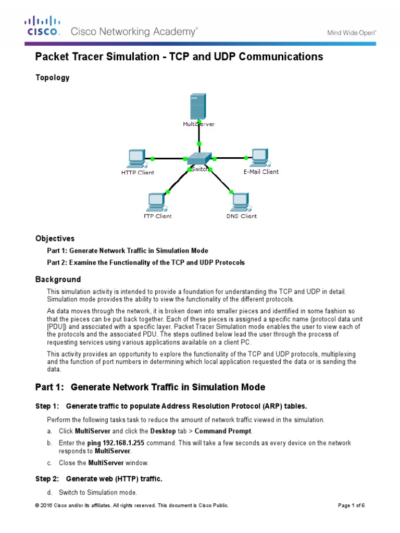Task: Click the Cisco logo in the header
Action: [x=43, y=27]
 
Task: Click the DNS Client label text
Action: [x=241, y=216]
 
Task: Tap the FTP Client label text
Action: [x=157, y=216]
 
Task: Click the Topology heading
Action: [x=52, y=78]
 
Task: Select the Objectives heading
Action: [x=55, y=238]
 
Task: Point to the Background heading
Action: [x=58, y=280]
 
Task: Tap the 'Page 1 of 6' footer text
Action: [x=352, y=505]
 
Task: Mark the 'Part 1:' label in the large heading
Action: [x=49, y=387]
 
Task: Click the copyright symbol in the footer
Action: [x=37, y=505]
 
